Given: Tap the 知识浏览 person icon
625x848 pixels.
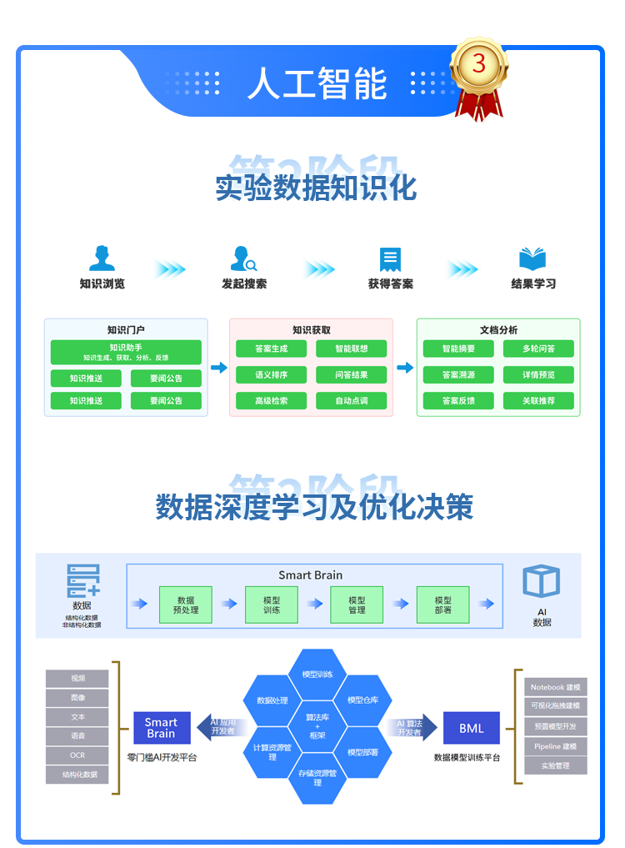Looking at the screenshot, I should point(102,258).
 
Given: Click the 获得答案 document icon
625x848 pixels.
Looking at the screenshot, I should point(389,259).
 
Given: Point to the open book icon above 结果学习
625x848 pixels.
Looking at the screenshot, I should point(532,258).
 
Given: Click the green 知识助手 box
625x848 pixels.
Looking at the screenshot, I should point(126,352).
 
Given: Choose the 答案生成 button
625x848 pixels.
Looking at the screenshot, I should point(271,349).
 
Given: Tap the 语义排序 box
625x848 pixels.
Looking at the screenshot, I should point(271,375).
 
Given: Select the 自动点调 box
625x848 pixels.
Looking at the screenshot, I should point(351,401).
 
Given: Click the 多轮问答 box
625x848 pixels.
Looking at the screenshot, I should point(538,349).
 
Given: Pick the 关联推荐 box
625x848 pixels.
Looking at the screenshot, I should point(538,401).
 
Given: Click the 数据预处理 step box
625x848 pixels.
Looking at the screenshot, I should point(186,605).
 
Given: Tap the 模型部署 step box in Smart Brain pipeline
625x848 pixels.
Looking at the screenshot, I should point(442,605).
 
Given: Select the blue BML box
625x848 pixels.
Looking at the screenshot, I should point(471,728).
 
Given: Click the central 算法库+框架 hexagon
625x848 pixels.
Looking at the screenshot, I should point(317,726).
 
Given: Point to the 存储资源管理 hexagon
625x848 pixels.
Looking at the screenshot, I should point(317,778).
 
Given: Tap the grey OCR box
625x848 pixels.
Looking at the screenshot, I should point(77,755).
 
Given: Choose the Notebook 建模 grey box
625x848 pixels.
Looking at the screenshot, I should point(555,687).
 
